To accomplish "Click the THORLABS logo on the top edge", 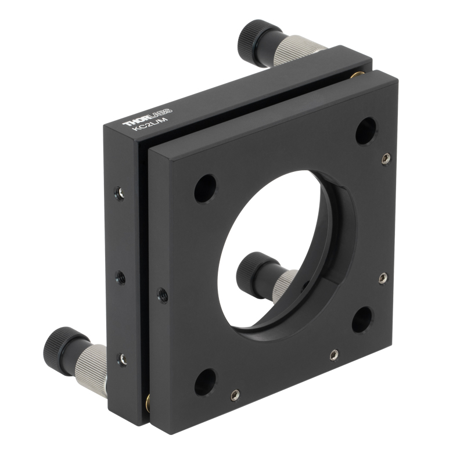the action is [148, 117].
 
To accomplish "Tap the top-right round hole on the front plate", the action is [366, 131].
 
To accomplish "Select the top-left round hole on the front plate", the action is [206, 189].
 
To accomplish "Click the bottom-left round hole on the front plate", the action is [206, 383].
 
